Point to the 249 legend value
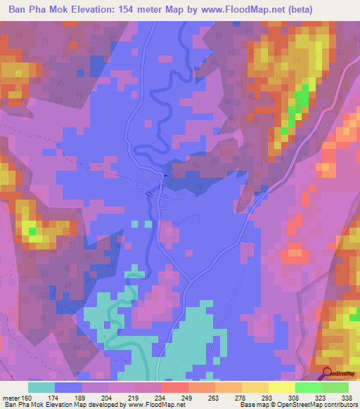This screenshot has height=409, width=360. point(184,397)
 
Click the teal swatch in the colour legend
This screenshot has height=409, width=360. point(41,387)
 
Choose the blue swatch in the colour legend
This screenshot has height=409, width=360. point(68,387)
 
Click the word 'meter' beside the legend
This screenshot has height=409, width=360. point(11,397)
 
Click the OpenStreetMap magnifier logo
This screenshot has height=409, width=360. point(327,373)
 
